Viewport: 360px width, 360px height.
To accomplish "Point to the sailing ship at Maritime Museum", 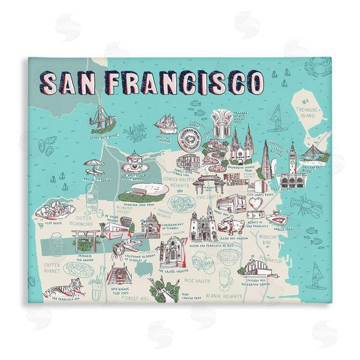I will (165, 122).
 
